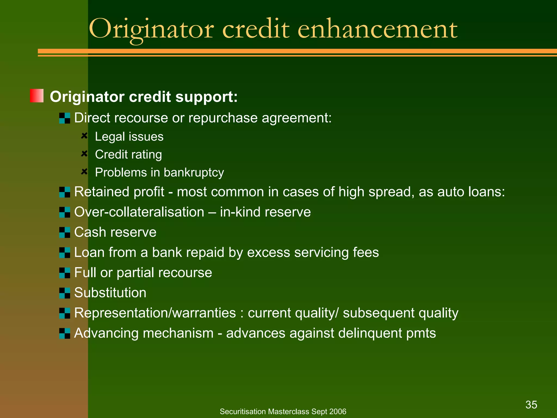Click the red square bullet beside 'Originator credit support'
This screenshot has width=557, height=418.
tap(37, 96)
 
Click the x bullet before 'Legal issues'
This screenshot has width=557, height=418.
tap(84, 136)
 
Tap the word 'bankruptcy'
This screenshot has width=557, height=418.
tap(194, 173)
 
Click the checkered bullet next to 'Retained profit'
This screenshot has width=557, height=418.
tap(65, 192)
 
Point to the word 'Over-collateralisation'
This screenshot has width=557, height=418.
tap(139, 212)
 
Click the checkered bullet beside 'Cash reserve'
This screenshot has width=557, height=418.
tap(65, 232)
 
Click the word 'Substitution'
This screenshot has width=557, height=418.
tap(110, 293)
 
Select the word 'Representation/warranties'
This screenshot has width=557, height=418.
tap(155, 313)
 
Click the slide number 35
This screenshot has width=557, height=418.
tap(531, 405)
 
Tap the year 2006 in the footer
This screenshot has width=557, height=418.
tap(338, 411)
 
